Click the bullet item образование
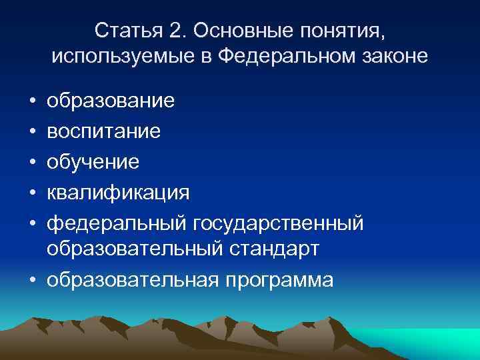111,101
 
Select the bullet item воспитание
103,131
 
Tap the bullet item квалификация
118,192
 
